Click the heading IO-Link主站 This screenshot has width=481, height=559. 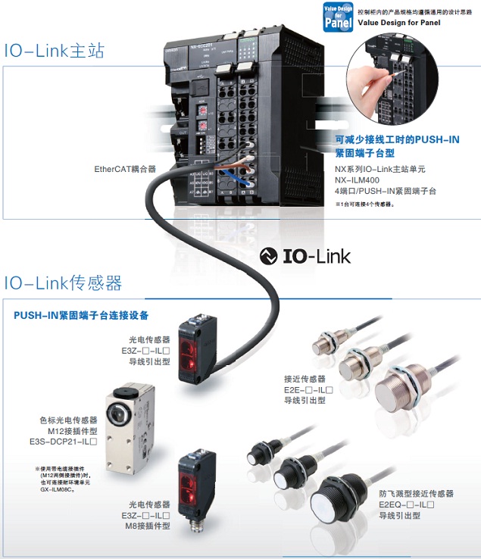click(x=54, y=52)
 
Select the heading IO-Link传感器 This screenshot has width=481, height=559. click(x=63, y=283)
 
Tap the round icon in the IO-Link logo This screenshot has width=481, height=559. click(x=268, y=256)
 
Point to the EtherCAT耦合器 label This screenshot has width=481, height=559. click(x=125, y=169)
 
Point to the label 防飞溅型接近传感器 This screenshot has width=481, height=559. click(x=416, y=493)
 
